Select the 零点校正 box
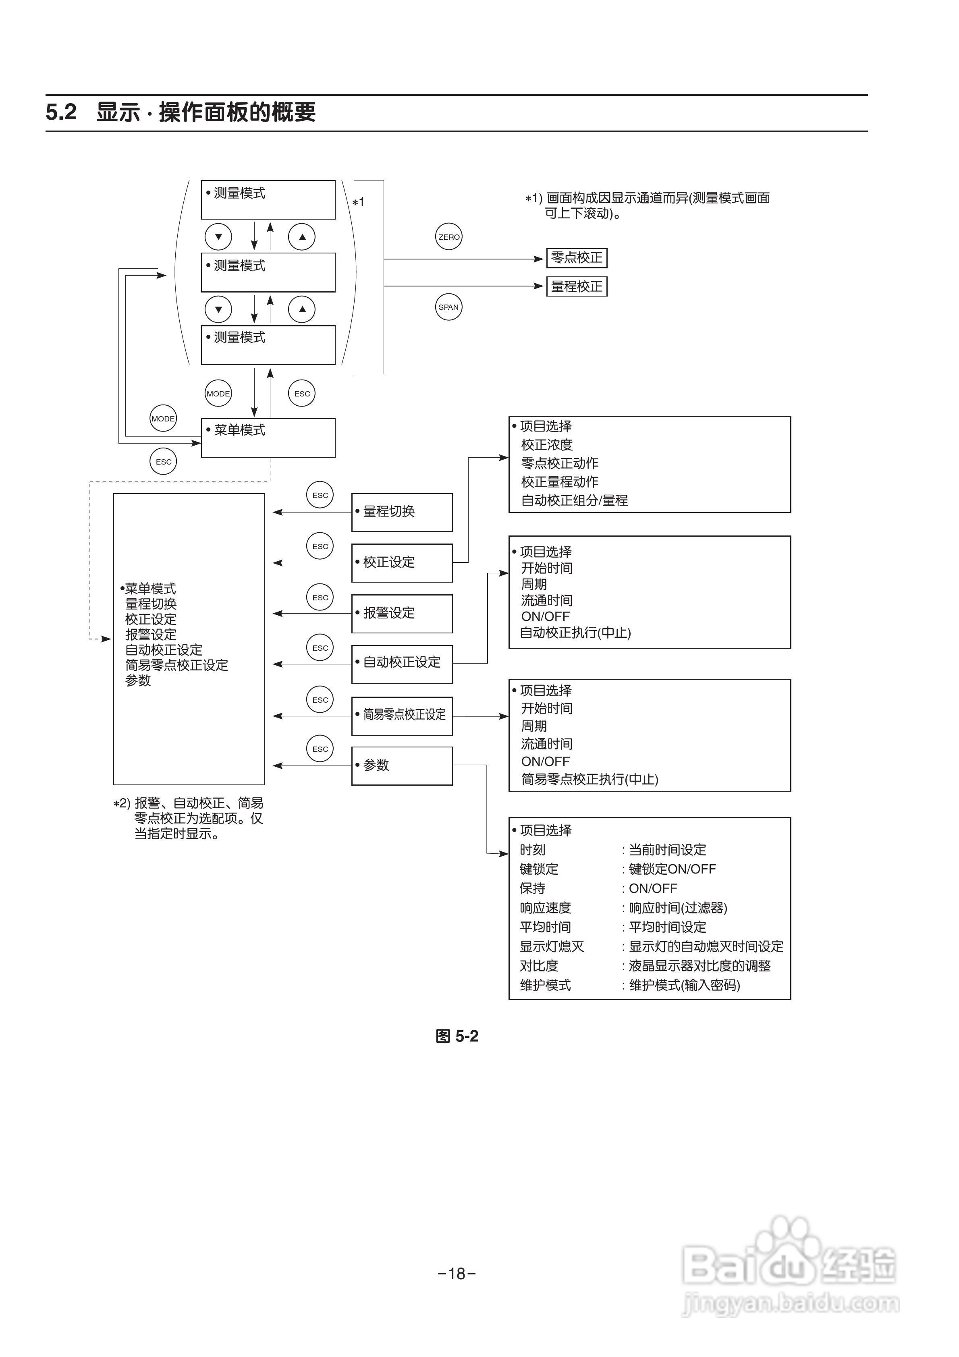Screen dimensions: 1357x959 point(577,258)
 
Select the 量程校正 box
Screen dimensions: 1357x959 point(577,286)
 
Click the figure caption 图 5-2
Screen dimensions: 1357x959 point(457,1036)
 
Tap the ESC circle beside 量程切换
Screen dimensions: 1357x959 point(320,495)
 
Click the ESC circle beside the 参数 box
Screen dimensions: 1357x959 point(320,749)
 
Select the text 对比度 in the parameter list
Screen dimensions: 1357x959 point(539,966)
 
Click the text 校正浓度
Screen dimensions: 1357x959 point(546,444)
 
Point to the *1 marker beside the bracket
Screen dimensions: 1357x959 point(358,202)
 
